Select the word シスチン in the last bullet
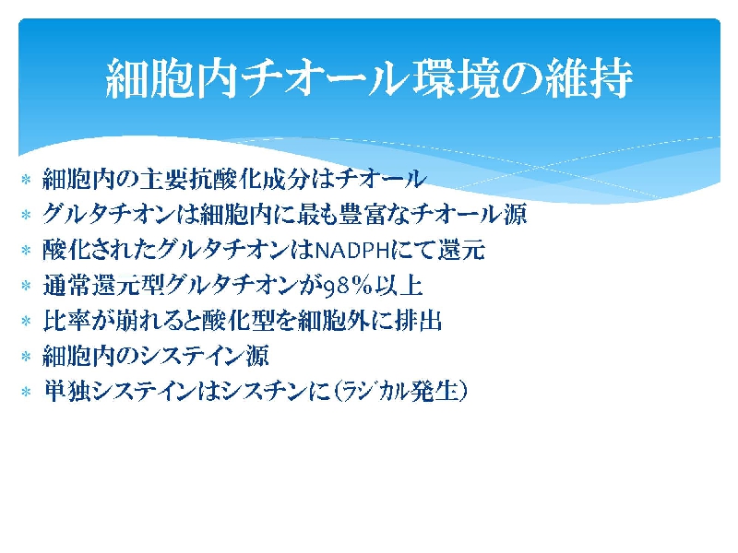[x=264, y=391]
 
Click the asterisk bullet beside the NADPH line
[x=27, y=250]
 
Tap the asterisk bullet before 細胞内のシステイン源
[x=27, y=356]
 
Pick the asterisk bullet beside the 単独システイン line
[x=27, y=391]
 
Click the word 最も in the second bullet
[x=314, y=215]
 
